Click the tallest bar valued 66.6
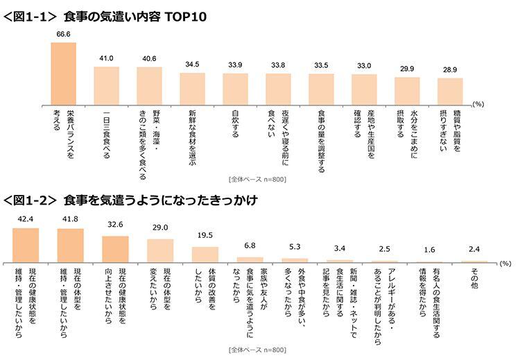63,73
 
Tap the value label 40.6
149,59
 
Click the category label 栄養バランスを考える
63,125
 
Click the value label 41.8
70,220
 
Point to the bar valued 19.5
205,255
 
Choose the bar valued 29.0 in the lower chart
159,251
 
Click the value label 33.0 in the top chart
364,65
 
